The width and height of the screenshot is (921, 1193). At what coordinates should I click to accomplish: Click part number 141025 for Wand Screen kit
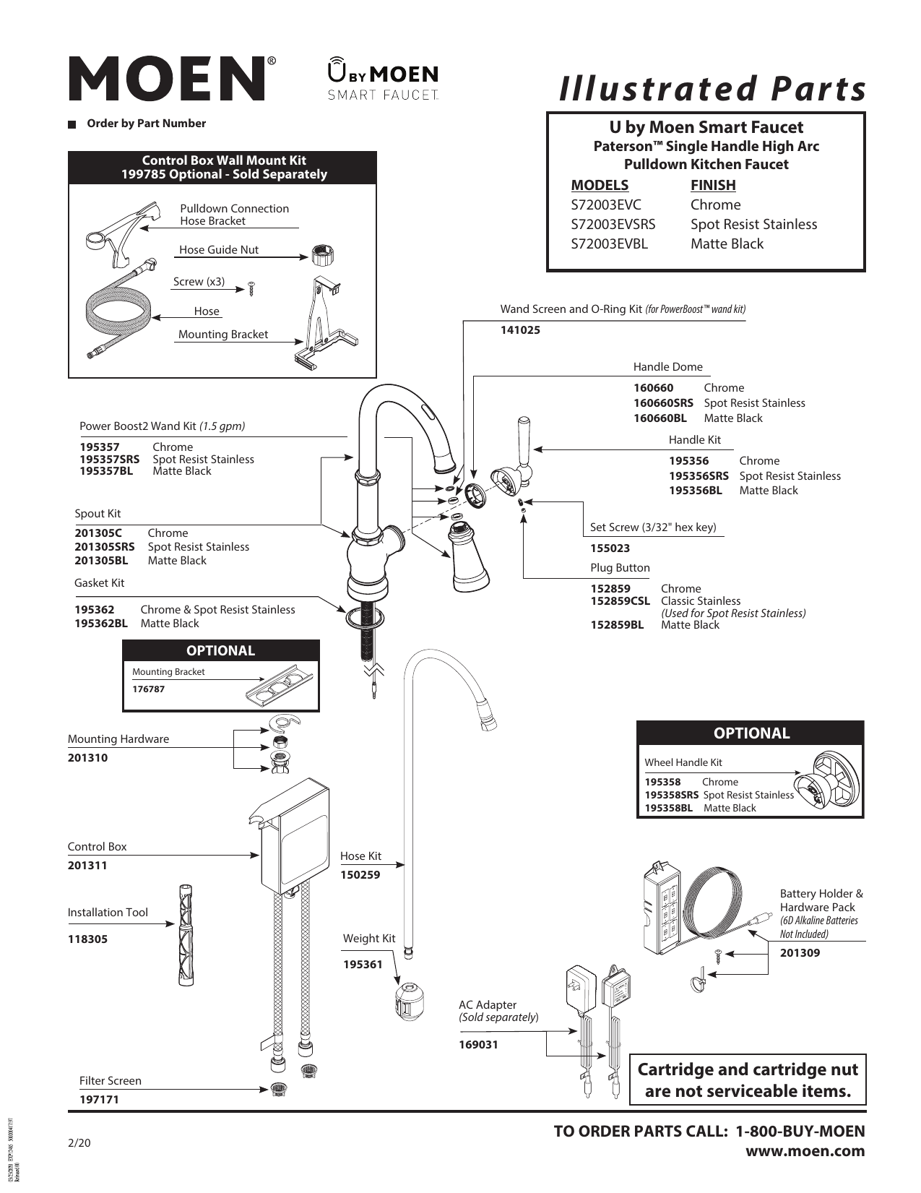pos(520,330)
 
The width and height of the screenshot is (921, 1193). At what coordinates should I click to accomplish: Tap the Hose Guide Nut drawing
pos(323,255)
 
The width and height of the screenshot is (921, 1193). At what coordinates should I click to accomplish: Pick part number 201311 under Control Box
pos(87,865)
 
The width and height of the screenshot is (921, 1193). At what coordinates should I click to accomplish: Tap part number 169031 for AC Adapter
pos(478,1044)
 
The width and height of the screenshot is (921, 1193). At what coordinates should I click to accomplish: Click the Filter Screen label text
pos(111,1080)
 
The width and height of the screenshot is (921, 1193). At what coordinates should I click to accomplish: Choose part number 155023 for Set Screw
pos(610,548)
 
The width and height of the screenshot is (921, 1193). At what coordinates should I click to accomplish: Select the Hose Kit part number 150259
pos(360,874)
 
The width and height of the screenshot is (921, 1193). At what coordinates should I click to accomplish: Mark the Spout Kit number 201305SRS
pos(105,547)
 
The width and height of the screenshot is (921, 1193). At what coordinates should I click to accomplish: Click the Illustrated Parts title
pos(712,90)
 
